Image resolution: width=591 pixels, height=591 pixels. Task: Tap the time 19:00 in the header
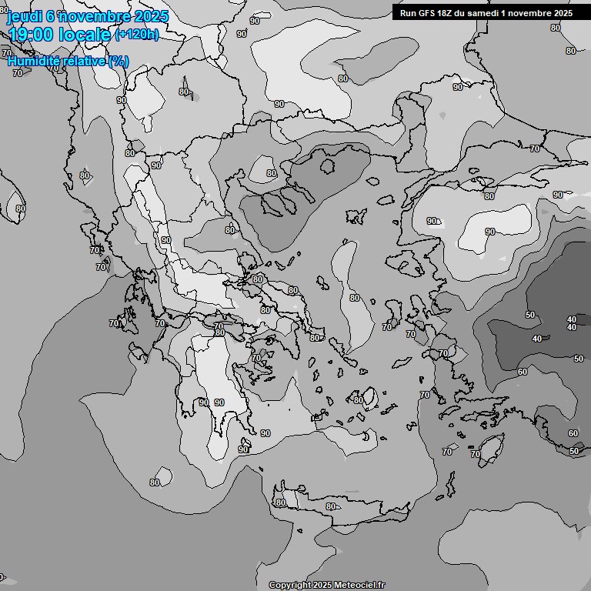(29, 34)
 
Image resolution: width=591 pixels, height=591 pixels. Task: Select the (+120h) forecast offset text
(137, 34)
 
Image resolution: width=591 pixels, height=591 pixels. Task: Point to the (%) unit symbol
(119, 62)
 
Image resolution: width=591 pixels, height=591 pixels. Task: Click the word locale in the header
(84, 34)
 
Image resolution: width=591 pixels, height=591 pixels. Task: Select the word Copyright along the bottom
(289, 586)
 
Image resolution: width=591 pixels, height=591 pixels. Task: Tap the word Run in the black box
(409, 12)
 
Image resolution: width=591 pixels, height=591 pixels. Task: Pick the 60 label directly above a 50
(573, 433)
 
